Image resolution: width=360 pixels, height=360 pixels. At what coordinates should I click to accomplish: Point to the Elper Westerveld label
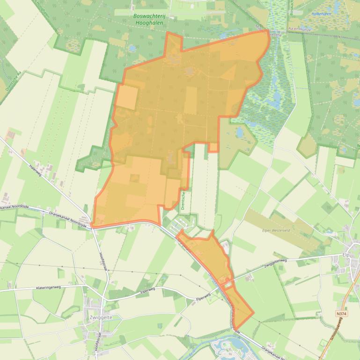tap(279, 230)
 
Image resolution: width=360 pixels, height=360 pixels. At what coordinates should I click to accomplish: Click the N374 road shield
tap(343, 314)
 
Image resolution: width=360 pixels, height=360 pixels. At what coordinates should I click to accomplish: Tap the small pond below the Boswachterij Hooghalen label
tap(132, 48)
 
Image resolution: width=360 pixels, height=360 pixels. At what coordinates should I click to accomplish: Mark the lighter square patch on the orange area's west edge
tap(127, 97)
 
